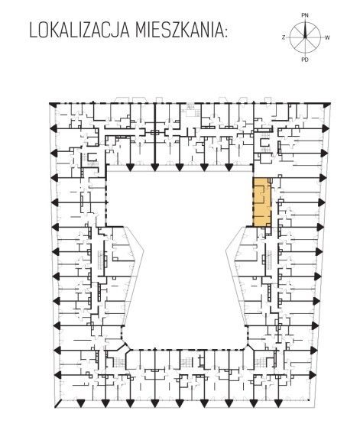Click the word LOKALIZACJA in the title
pos(79,31)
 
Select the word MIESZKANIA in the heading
pos(178,31)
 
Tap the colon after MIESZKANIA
pos(225,33)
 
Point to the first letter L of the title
pos(33,31)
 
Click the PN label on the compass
pos(305,15)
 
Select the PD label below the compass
pos(305,60)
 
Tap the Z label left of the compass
pos(284,37)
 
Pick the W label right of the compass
pos(327,37)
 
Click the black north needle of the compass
pos(305,29)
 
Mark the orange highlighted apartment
pos(262,202)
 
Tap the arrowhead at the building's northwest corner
pos(52,104)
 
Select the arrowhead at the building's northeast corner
pos(327,105)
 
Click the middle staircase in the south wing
pos(186,361)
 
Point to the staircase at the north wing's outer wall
pos(191,110)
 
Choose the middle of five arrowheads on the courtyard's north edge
pos(179,167)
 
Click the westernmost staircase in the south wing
pos(120,362)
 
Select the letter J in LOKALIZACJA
pos(117,31)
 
